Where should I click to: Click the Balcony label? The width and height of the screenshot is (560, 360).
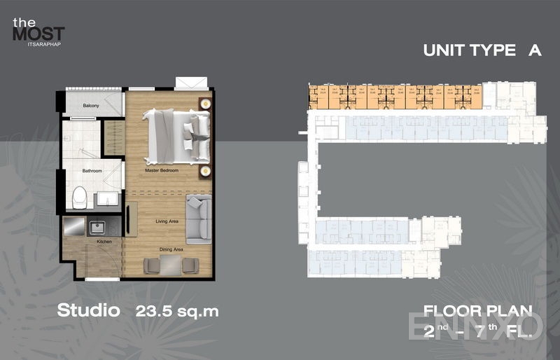(90, 106)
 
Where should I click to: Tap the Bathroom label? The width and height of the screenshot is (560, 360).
(92, 171)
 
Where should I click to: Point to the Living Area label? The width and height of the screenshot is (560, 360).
(167, 221)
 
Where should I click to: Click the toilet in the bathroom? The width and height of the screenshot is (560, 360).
(79, 197)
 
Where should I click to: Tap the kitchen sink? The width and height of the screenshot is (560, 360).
(96, 227)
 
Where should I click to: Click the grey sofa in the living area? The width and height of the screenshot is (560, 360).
(199, 218)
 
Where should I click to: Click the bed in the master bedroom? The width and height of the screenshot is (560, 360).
(177, 134)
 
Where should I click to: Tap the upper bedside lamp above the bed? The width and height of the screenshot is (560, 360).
(205, 102)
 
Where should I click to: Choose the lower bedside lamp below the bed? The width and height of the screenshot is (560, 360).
(205, 171)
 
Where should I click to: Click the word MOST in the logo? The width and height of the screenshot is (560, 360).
(38, 33)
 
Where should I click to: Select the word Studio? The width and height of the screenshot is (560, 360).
(88, 311)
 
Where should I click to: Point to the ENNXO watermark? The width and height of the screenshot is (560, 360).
(475, 325)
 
